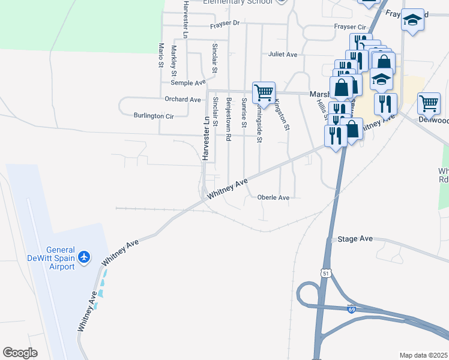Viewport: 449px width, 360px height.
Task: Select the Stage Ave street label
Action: (x=355, y=239)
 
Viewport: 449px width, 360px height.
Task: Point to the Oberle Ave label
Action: (x=273, y=197)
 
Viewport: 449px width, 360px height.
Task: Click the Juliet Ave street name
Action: (x=283, y=55)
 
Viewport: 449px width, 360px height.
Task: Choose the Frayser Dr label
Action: (x=224, y=24)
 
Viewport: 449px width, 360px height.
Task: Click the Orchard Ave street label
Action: (x=182, y=99)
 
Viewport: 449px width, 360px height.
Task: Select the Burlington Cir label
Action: (x=153, y=115)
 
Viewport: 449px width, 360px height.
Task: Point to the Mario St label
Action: (x=161, y=55)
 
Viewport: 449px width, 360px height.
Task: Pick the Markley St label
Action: (x=174, y=60)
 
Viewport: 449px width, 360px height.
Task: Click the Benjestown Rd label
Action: (x=229, y=118)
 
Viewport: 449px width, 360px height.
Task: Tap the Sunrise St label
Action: (x=244, y=112)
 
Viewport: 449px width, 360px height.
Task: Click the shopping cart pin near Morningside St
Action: (x=264, y=94)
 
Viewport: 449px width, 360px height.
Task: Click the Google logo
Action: (x=20, y=353)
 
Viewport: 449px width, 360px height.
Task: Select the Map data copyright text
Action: (x=423, y=355)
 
